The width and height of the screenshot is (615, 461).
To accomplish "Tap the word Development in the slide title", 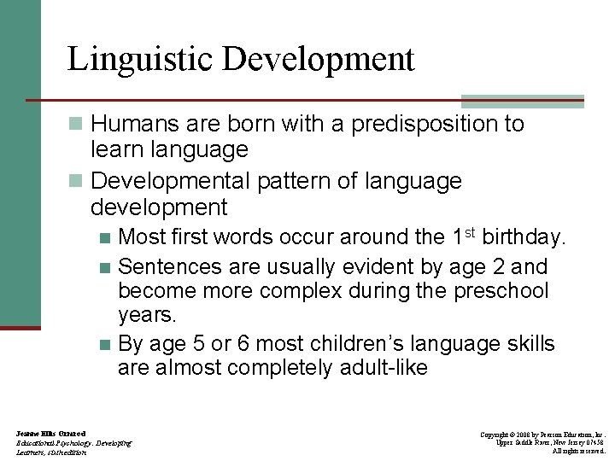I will pyautogui.click(x=319, y=60).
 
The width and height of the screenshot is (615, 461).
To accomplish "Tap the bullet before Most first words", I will pyautogui.click(x=104, y=237).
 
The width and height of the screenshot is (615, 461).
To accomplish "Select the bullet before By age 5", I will pyautogui.click(x=104, y=345).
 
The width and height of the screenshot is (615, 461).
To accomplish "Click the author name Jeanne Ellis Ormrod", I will pyautogui.click(x=50, y=435).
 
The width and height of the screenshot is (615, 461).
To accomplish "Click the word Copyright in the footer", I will pyautogui.click(x=497, y=435).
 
